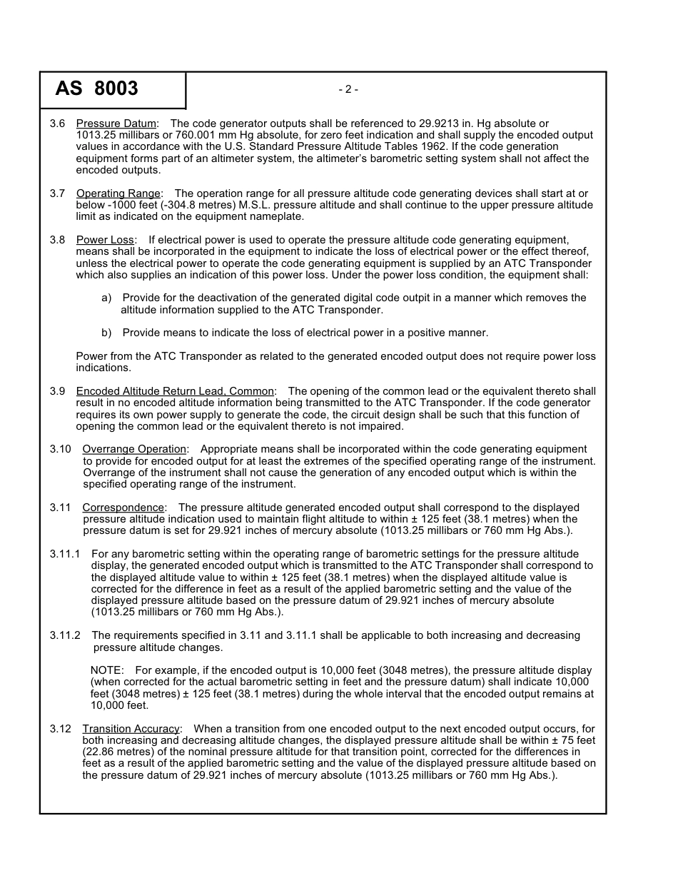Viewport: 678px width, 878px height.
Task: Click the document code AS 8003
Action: tap(96, 89)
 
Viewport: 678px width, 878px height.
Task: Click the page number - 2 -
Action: tap(348, 89)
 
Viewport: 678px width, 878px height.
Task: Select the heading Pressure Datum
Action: tap(116, 124)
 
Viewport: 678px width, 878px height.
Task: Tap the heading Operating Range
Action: tap(118, 193)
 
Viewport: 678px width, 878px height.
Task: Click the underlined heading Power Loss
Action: tap(105, 240)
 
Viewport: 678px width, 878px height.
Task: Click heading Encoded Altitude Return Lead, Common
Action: tap(175, 391)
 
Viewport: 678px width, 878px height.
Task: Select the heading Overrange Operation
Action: tap(134, 449)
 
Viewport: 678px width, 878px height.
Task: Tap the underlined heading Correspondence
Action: tap(123, 508)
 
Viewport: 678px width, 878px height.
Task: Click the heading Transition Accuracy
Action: tap(131, 729)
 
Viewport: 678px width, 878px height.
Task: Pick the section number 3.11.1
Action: tap(65, 554)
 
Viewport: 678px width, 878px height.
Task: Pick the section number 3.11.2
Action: tap(65, 635)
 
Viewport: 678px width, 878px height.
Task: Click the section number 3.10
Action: tap(60, 449)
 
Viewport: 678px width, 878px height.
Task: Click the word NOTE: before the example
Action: tap(107, 670)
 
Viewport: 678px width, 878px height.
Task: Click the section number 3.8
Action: tap(57, 240)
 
